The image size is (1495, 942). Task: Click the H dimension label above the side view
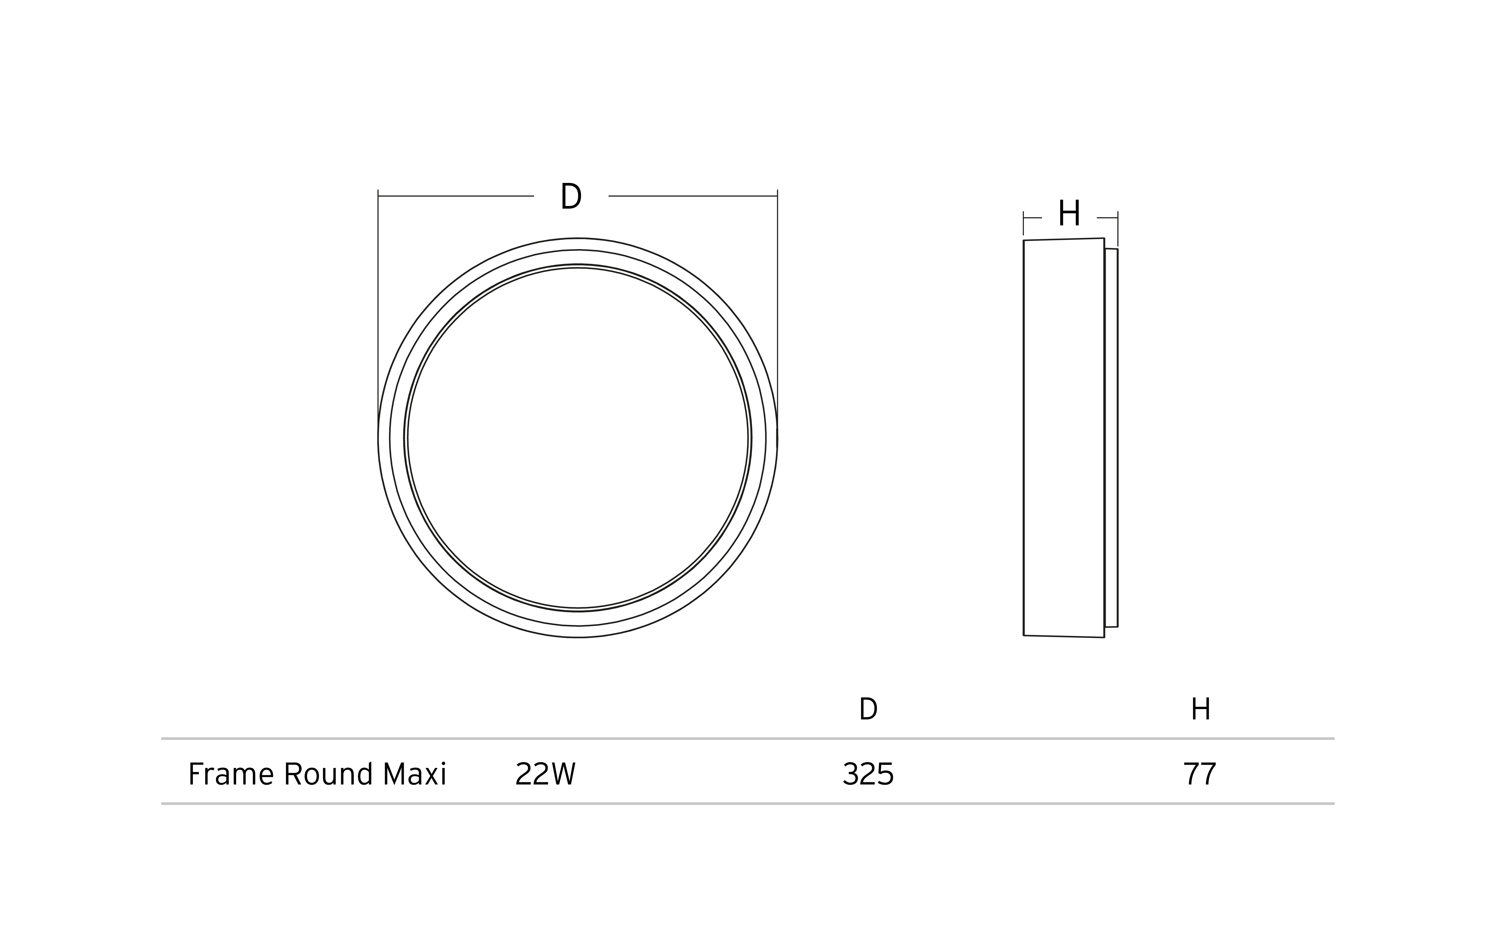point(1069,213)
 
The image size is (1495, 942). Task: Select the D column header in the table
point(868,709)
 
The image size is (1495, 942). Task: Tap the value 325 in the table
point(868,774)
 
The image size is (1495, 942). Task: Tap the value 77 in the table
point(1199,774)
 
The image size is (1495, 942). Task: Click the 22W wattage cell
point(545,774)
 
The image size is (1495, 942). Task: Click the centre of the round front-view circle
point(577,438)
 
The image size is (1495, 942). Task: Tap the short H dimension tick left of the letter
point(1033,218)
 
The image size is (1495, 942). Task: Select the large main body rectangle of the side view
point(1064,438)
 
